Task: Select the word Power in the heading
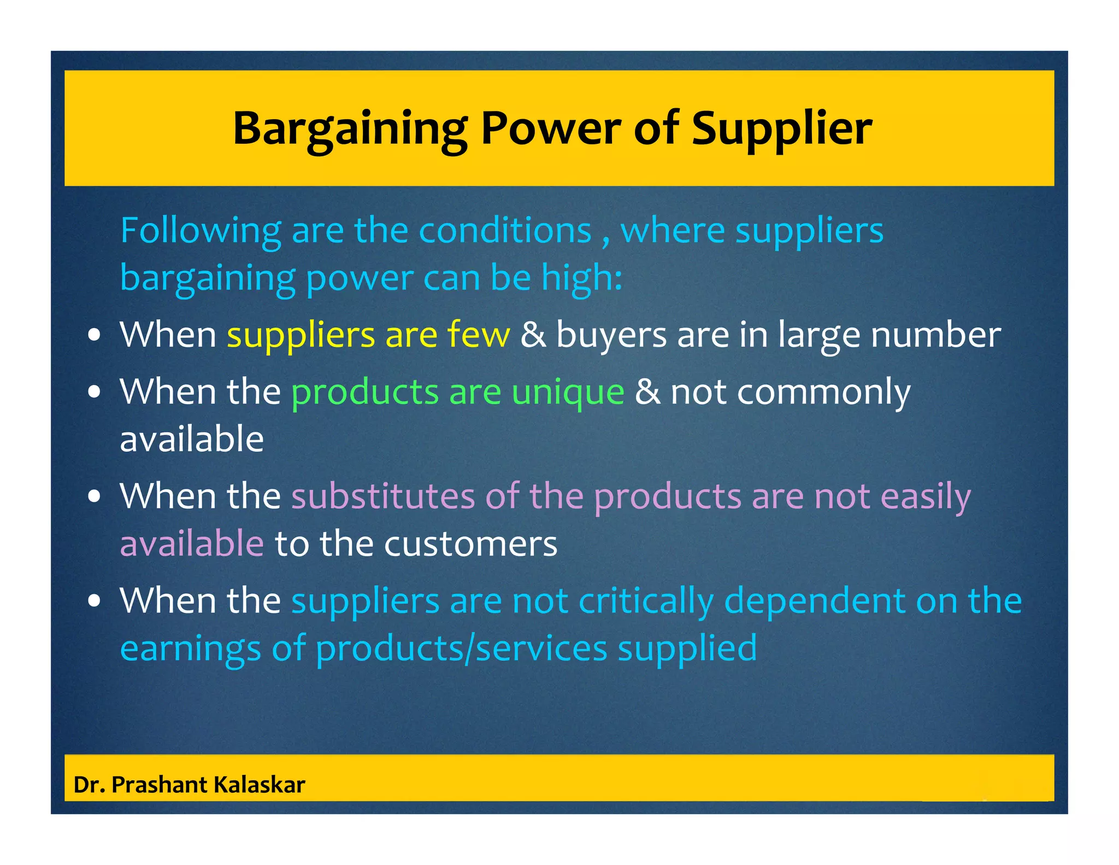click(550, 128)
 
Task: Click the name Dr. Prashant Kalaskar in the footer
click(189, 785)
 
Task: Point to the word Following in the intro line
click(201, 231)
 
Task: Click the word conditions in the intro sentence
click(505, 231)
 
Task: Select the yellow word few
click(478, 335)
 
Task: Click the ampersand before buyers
click(533, 335)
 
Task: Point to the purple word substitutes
click(383, 496)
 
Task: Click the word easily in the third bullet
click(926, 496)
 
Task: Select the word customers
click(470, 544)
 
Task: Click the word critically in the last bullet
click(646, 601)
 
